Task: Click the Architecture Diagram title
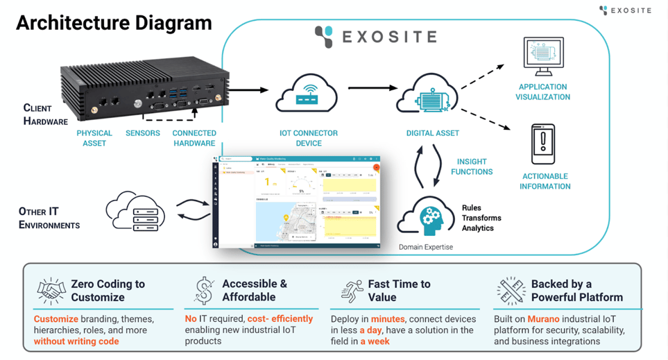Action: [x=114, y=23]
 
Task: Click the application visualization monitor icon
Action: [x=543, y=58]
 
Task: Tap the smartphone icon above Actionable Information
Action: [x=542, y=144]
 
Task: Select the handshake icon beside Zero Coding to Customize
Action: [x=50, y=290]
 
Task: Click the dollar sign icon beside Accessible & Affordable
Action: [x=204, y=291]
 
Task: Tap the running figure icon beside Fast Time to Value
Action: [x=352, y=291]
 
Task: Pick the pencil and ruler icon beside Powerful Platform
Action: [x=511, y=291]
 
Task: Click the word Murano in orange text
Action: [x=543, y=319]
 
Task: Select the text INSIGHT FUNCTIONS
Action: [x=472, y=166]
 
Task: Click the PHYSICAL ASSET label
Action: [x=94, y=138]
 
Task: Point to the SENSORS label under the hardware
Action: [x=143, y=133]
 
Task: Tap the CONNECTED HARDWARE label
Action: [x=194, y=138]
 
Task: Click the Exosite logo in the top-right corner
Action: [x=625, y=10]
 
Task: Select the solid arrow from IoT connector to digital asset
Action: [x=372, y=88]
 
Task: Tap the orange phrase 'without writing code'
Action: [x=76, y=341]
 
